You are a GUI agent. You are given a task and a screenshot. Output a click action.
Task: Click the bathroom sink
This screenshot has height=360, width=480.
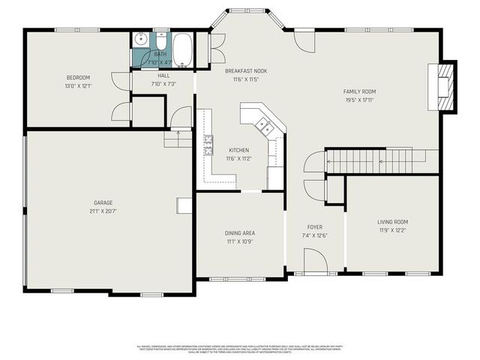pos(140,40)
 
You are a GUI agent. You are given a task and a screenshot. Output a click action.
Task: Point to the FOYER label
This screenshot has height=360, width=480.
pos(314,226)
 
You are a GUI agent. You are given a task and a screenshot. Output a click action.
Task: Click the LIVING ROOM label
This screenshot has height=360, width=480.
pos(391,222)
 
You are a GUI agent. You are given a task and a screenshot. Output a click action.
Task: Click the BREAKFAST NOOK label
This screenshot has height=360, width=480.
pos(246,70)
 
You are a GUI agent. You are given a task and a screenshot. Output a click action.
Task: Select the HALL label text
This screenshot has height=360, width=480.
pos(163,76)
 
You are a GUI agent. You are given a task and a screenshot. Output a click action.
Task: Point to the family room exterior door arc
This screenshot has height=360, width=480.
pos(304,42)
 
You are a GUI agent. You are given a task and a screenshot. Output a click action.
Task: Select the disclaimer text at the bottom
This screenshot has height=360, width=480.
pos(240,349)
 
